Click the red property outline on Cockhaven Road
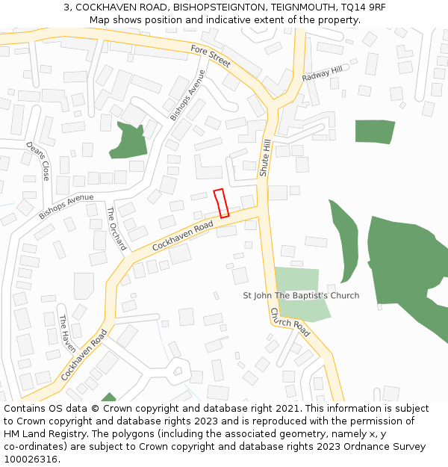221,203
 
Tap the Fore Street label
211,56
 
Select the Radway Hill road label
322,74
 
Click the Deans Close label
38,161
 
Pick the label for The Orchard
117,229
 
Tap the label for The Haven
68,333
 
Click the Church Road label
290,322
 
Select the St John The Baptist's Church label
301,295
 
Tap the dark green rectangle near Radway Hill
374,131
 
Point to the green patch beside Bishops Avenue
128,141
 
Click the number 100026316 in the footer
31,460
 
